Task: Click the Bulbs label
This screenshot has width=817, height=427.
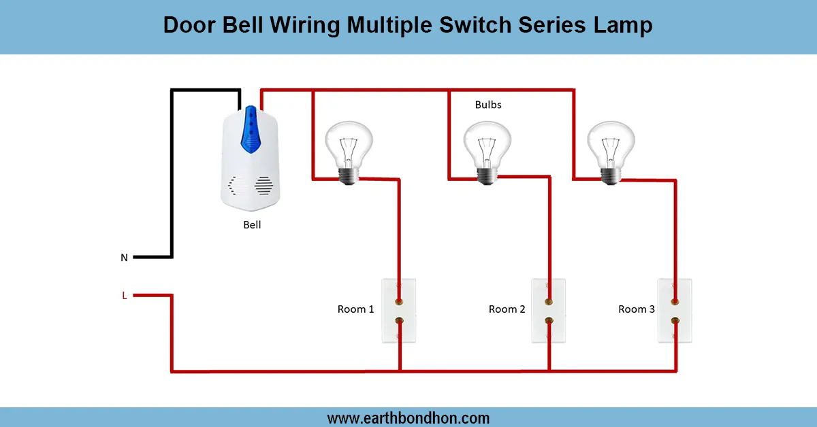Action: point(488,105)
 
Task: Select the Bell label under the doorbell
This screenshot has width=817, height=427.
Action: point(252,225)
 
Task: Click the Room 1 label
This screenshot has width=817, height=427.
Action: point(355,309)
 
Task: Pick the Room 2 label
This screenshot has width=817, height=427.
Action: point(507,309)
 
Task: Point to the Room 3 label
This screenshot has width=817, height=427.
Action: point(636,309)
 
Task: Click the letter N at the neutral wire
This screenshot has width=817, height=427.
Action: point(124,258)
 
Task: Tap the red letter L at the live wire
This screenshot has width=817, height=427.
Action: point(124,295)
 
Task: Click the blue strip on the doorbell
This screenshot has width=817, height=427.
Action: point(252,129)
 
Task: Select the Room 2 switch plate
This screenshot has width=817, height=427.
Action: point(548,310)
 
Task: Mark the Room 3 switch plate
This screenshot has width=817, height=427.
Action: point(675,310)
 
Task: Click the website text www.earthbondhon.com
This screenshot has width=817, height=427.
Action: point(408,417)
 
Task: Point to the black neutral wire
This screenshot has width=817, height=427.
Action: point(172,177)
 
